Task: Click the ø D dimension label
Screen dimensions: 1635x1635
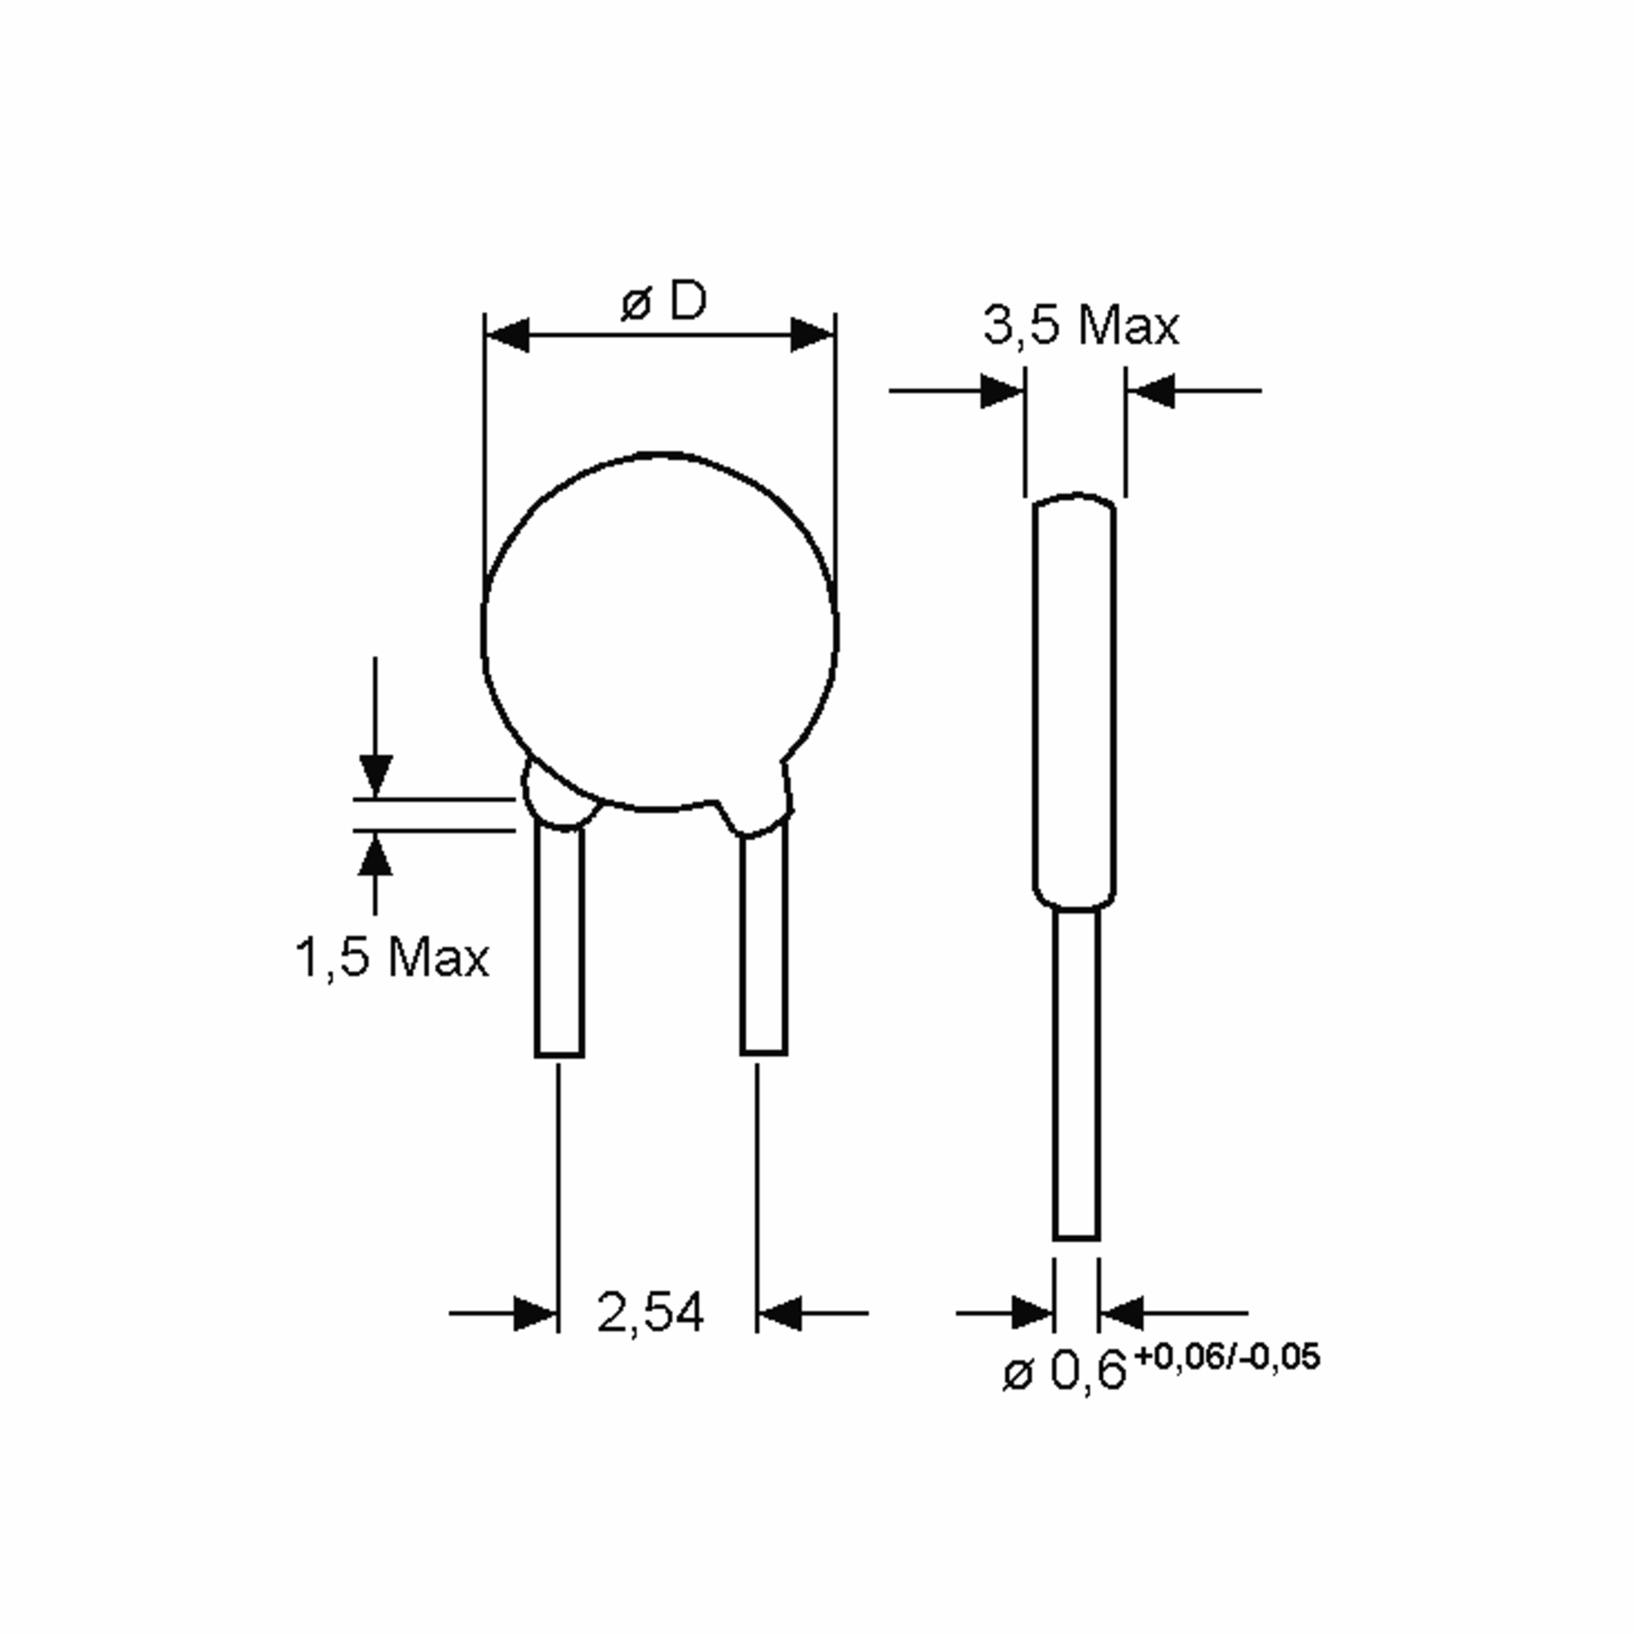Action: pyautogui.click(x=663, y=302)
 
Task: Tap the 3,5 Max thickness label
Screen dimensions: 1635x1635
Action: pyautogui.click(x=1080, y=325)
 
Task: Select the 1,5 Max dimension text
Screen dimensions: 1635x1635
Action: pyautogui.click(x=391, y=958)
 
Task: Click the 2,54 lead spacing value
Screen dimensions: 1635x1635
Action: pyautogui.click(x=649, y=1313)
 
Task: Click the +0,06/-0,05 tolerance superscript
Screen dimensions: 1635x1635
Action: pyautogui.click(x=1226, y=1356)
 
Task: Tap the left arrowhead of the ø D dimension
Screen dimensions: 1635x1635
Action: pyautogui.click(x=508, y=335)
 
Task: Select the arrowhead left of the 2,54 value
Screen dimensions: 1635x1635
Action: pyautogui.click(x=535, y=1313)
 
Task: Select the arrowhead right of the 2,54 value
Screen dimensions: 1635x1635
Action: pyautogui.click(x=779, y=1313)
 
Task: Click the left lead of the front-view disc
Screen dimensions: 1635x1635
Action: pyautogui.click(x=559, y=944)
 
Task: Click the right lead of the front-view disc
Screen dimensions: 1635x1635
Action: pyautogui.click(x=763, y=944)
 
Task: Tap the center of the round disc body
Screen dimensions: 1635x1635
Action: pyautogui.click(x=659, y=630)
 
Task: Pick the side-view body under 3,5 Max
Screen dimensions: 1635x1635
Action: pyautogui.click(x=1074, y=702)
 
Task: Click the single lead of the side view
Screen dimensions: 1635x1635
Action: pyautogui.click(x=1076, y=1075)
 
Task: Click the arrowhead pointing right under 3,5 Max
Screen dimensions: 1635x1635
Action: pyautogui.click(x=1002, y=391)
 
